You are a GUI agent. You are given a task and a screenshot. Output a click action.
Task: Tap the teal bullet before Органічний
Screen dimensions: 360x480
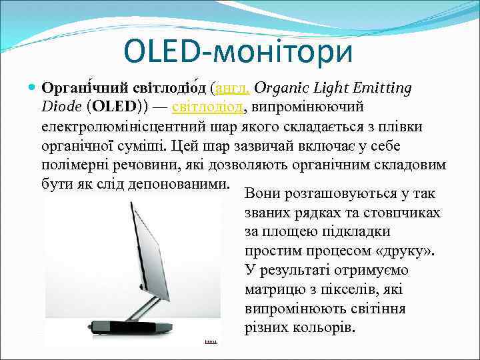pos(35,88)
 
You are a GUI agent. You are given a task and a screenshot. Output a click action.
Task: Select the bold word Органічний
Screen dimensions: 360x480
pos(79,88)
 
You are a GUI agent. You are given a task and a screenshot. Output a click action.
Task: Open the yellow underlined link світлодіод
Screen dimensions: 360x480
pos(209,107)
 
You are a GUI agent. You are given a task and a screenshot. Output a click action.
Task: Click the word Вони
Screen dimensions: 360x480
pos(262,194)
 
